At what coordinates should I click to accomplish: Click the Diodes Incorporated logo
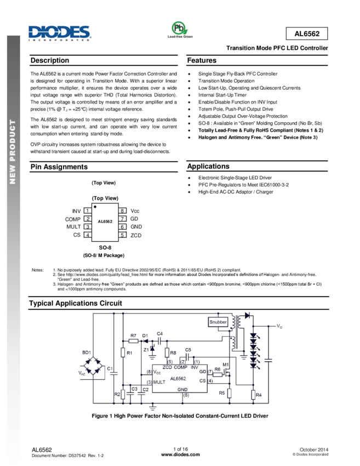(x=59, y=33)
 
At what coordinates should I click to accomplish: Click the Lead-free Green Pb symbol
(x=179, y=29)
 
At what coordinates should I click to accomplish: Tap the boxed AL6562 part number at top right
(x=307, y=34)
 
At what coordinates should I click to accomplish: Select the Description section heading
(x=50, y=60)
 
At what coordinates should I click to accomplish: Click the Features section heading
(x=202, y=60)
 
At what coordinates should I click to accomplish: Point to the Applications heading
(x=208, y=166)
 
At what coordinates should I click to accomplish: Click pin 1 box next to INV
(x=87, y=211)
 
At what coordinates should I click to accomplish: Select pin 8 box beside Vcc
(x=123, y=211)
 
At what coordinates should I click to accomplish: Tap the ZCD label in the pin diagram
(x=136, y=235)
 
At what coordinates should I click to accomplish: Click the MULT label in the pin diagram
(x=74, y=226)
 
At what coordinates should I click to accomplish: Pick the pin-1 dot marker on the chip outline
(x=95, y=207)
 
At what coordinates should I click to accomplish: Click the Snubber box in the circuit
(x=218, y=322)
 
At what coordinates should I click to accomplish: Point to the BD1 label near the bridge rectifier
(x=87, y=351)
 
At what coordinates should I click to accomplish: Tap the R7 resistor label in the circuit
(x=133, y=335)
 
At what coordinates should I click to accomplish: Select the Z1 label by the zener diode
(x=145, y=349)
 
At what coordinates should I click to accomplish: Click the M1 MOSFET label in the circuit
(x=225, y=365)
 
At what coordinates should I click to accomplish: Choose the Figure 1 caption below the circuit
(x=180, y=416)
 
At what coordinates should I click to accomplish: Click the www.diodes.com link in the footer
(x=180, y=454)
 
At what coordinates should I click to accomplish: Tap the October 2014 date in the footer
(x=314, y=449)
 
